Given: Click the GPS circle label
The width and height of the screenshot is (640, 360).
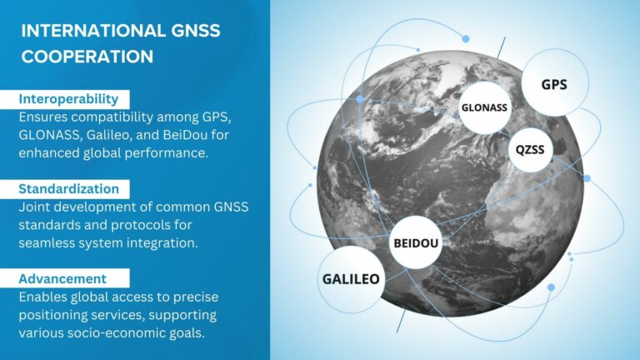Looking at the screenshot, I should pos(554,85).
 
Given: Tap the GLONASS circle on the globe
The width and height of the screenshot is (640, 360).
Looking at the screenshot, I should pos(484,107).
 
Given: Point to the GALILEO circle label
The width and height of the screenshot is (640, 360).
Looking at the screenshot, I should pos(351,278).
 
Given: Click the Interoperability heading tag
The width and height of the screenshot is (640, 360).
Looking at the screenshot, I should pos(73,99).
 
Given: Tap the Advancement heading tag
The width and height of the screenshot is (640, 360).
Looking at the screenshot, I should pos(64,278).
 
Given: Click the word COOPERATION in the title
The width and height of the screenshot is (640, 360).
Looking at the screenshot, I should pos(87,57).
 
